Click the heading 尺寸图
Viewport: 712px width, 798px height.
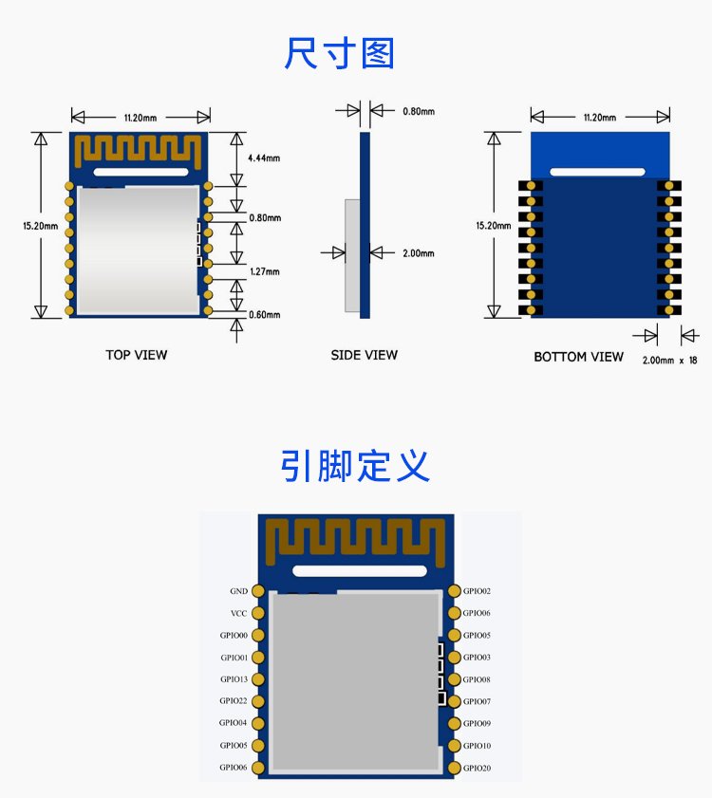point(339,53)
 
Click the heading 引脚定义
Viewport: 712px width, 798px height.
point(355,465)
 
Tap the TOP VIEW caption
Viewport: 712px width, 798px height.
point(137,355)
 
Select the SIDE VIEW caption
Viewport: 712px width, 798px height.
point(365,355)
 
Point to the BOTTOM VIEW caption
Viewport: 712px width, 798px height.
point(578,357)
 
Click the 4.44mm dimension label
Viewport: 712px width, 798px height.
point(264,158)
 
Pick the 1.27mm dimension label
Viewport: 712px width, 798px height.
point(264,271)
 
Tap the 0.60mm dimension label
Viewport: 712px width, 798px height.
point(264,315)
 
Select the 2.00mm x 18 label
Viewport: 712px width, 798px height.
point(669,361)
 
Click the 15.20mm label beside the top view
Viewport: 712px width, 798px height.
point(40,226)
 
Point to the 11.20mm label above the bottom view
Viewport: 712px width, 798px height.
point(599,118)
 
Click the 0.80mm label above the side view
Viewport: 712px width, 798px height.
point(419,111)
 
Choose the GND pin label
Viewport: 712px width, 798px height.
point(239,591)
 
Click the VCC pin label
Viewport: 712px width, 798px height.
point(239,613)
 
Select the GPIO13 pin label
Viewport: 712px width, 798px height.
point(234,679)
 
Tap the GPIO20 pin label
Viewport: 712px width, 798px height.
point(477,768)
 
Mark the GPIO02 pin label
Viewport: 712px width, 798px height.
point(477,591)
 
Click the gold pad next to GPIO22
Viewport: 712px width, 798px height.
point(258,702)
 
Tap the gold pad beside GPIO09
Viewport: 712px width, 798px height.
point(455,723)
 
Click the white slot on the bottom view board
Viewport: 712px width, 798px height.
point(597,172)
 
